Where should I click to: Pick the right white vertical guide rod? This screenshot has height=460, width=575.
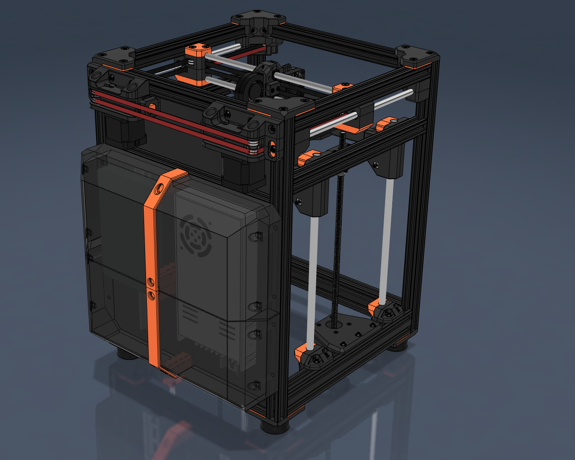(386, 238)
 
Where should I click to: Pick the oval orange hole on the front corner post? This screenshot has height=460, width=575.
(273, 149)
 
